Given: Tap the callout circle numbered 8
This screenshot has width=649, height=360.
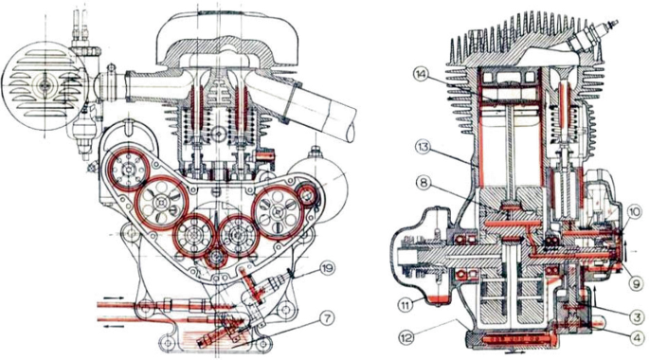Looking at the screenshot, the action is [424, 182].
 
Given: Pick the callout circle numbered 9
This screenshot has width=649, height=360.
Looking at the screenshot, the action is [637, 283].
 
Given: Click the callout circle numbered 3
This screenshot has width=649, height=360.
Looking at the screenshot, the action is [637, 316].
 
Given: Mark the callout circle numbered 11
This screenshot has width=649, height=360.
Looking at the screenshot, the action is [406, 305].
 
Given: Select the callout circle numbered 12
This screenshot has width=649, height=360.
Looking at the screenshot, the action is [406, 337].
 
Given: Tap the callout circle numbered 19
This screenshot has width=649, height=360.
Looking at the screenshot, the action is [328, 268].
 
